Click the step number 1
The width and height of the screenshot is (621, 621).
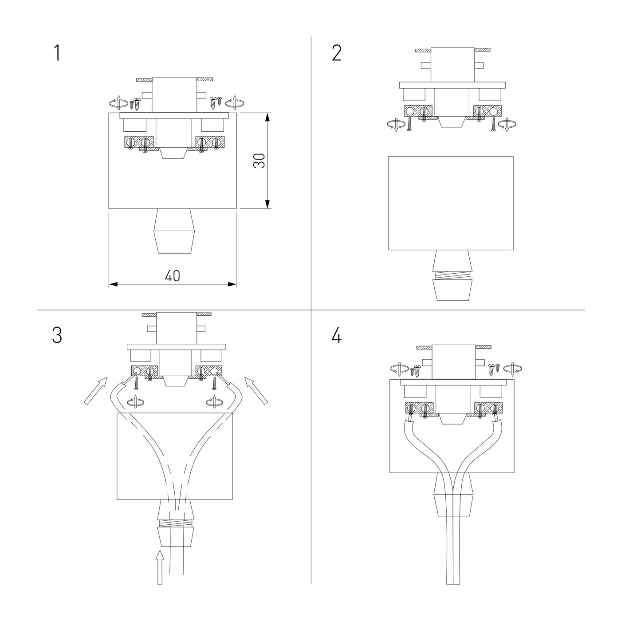point(57,53)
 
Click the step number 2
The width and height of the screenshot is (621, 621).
point(336,53)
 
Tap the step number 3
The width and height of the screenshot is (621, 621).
point(57,335)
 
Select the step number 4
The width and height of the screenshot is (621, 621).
point(336,335)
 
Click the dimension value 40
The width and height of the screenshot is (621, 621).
point(173,276)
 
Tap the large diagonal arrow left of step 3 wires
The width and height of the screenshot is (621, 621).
point(95,390)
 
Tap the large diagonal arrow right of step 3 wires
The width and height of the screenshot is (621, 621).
point(256,390)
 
